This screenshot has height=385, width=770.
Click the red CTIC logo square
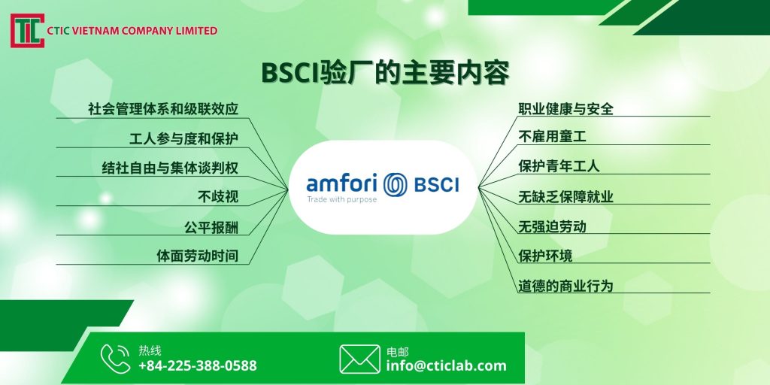click(x=28, y=30)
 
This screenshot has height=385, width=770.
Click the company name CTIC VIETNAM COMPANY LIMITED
click(x=132, y=31)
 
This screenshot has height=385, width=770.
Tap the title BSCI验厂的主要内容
click(x=385, y=73)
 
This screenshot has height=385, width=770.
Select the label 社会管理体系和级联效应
click(x=163, y=108)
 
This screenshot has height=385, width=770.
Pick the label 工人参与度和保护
click(x=183, y=138)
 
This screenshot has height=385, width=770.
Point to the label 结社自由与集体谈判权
click(x=170, y=168)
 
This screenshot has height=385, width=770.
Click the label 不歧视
click(x=218, y=198)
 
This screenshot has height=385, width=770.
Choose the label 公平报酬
click(x=211, y=227)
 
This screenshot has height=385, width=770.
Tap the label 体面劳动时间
click(x=198, y=256)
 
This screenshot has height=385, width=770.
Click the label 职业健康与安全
click(x=565, y=108)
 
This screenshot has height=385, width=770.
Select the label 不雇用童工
click(x=552, y=137)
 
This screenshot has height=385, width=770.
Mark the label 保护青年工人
click(x=559, y=166)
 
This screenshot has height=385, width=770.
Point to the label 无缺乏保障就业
click(x=565, y=197)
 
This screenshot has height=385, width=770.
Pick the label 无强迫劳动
click(x=552, y=226)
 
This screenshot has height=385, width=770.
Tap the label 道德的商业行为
click(x=565, y=285)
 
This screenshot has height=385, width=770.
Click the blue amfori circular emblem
click(x=396, y=185)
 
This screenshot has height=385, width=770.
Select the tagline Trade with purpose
click(x=342, y=200)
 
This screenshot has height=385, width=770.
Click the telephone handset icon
click(x=115, y=359)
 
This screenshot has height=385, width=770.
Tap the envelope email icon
click(x=359, y=359)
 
